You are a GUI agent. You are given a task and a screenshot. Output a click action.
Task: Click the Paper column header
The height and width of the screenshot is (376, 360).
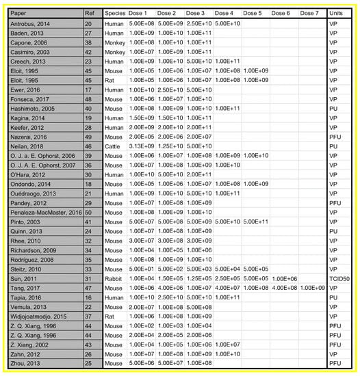point(28,13)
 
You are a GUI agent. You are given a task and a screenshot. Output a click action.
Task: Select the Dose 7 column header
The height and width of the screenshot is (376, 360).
point(310,13)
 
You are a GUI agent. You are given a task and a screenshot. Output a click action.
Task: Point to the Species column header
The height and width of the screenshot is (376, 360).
point(114,13)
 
